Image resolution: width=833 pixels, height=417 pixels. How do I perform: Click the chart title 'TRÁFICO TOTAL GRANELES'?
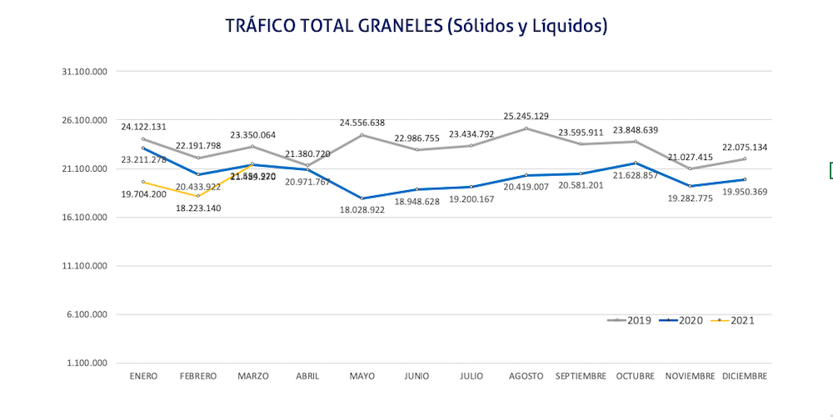416,26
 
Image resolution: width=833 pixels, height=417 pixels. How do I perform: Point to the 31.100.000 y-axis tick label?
86,72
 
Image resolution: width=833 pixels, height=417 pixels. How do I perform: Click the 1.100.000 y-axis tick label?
88,364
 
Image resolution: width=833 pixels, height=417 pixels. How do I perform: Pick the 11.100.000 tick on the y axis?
86,266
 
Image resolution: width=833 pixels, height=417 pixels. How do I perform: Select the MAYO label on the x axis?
362,376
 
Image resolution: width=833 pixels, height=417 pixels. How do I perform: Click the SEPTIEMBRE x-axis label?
581,376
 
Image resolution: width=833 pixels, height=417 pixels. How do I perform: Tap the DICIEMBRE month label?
745,376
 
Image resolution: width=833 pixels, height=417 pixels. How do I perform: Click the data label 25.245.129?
526,116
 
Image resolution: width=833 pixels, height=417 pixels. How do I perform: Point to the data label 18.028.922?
362,212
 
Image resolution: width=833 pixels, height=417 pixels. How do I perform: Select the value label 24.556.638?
362,123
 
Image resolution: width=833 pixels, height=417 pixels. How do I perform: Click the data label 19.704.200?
143,193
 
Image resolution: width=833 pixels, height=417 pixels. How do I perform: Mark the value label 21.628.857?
636,176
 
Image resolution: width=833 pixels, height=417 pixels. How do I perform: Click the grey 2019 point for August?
526,128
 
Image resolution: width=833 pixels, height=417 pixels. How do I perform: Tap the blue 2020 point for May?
362,198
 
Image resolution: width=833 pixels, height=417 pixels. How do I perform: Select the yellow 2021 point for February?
197,197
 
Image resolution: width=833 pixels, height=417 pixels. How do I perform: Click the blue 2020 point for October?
636,163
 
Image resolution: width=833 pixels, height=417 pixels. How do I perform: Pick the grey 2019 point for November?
690,168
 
